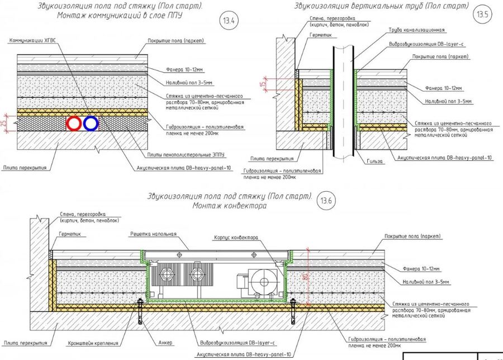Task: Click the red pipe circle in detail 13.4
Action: coord(73,124)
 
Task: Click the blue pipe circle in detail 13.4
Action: coord(90,124)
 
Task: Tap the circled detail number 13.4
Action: coord(227,21)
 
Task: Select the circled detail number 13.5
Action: coord(482,15)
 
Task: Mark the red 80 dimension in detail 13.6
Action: coord(306,276)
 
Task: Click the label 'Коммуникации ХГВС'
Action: coord(33,41)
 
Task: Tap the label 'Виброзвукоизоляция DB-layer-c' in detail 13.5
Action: coord(425,43)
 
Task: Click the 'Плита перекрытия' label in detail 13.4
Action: coord(23,167)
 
